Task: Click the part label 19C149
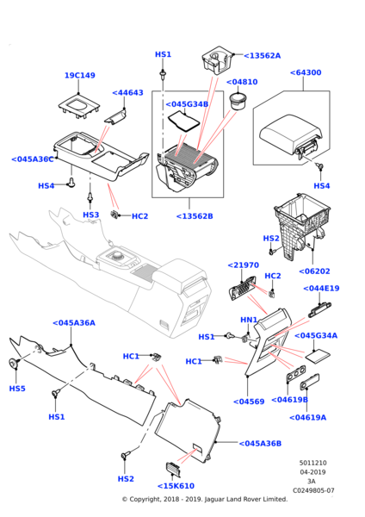[x=80, y=76]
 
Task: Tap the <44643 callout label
[x=127, y=93]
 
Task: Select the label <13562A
[x=263, y=56]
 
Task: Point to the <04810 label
[x=242, y=82]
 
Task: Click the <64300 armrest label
[x=306, y=72]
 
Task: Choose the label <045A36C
[x=33, y=159]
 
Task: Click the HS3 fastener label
[x=91, y=215]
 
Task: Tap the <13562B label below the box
[x=195, y=216]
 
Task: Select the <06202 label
[x=314, y=271]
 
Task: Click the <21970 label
[x=244, y=265]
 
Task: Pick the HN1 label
[x=249, y=320]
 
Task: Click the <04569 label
[x=249, y=402]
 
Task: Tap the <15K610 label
[x=176, y=486]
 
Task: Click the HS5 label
[x=17, y=389]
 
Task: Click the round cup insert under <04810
[x=238, y=101]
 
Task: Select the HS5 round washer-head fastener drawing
[x=13, y=363]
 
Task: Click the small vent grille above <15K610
[x=173, y=470]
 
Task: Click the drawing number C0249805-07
[x=313, y=490]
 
